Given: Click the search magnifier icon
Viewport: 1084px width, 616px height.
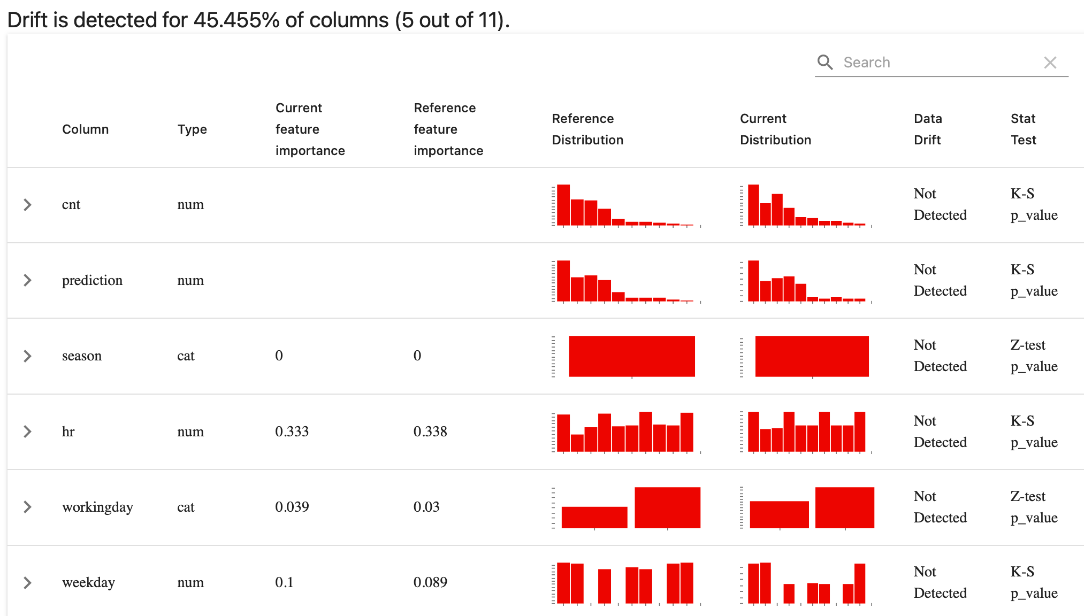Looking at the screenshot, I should pyautogui.click(x=825, y=63).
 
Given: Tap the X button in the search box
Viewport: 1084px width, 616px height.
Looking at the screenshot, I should pyautogui.click(x=1050, y=63).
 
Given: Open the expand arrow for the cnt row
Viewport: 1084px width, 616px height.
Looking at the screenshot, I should pyautogui.click(x=28, y=205).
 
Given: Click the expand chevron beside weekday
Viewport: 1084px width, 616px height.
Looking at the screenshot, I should pyautogui.click(x=28, y=582).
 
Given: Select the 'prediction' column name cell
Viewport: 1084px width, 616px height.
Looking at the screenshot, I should pyautogui.click(x=92, y=280).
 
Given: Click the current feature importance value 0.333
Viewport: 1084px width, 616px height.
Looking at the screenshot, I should pyautogui.click(x=292, y=432).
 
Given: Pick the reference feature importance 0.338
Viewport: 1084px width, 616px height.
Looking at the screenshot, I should pyautogui.click(x=430, y=432).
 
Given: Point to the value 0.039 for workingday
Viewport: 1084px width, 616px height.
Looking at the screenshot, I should pyautogui.click(x=292, y=507).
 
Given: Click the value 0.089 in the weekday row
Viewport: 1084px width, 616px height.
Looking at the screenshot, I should pyautogui.click(x=430, y=582).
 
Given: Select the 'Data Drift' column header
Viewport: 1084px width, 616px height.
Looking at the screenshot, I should pyautogui.click(x=927, y=129).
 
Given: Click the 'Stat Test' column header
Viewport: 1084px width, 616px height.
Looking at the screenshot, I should pyautogui.click(x=1023, y=129).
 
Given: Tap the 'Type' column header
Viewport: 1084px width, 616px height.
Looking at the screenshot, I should pyautogui.click(x=192, y=129).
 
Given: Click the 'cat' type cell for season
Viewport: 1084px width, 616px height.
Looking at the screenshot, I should pyautogui.click(x=186, y=356).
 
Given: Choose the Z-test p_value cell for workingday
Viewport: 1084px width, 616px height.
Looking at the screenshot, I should pyautogui.click(x=1033, y=507).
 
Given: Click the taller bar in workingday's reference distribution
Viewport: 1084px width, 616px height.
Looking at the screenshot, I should pyautogui.click(x=667, y=507).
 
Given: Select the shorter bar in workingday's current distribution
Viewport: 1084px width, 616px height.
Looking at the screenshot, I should pyautogui.click(x=779, y=514).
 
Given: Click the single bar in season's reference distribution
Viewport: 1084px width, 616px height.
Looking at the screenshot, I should pyautogui.click(x=631, y=356).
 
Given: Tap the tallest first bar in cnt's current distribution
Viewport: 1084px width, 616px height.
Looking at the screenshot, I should pyautogui.click(x=753, y=205).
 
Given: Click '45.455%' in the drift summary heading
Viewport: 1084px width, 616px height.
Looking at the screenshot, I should pyautogui.click(x=236, y=20).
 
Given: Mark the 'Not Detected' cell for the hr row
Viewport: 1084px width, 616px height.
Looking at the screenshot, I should pyautogui.click(x=940, y=432).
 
